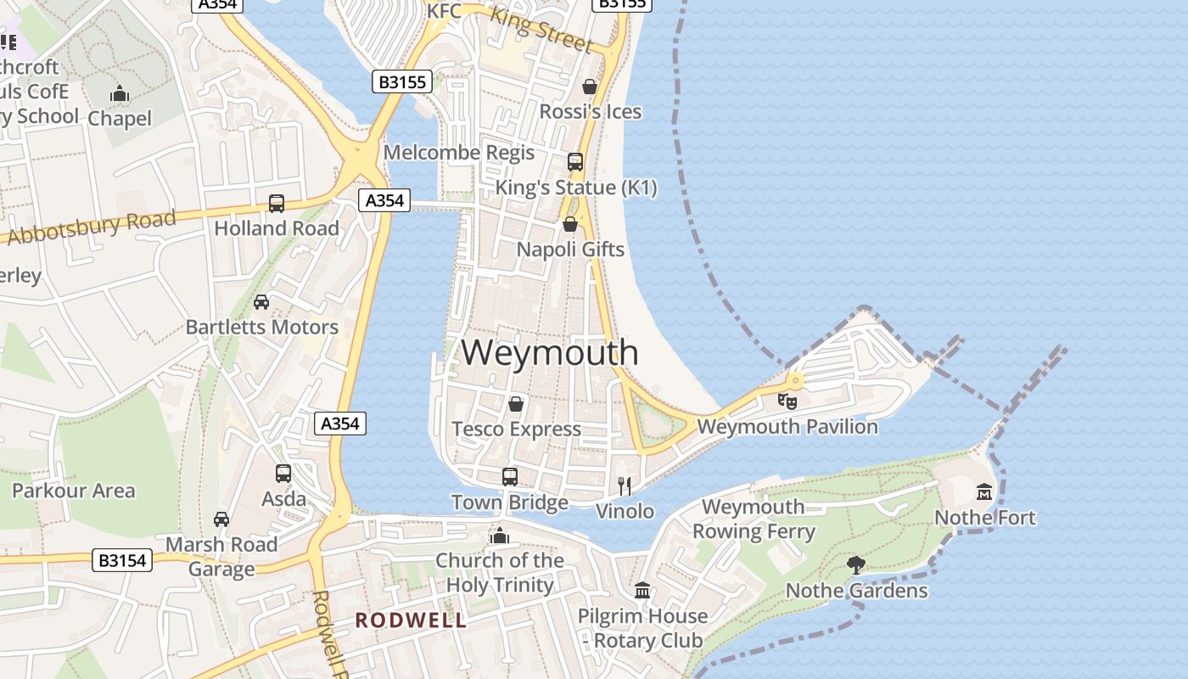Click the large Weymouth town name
tap(550, 352)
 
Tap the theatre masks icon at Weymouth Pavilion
tap(787, 401)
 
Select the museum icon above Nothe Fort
tap(984, 491)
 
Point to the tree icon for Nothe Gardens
tap(856, 564)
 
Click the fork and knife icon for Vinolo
tap(625, 485)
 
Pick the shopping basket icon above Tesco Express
tap(515, 404)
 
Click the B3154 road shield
tap(122, 560)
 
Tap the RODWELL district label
tap(411, 620)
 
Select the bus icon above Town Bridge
tap(509, 477)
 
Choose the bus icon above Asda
tap(283, 474)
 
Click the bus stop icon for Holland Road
tap(277, 204)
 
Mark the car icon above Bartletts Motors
tap(261, 302)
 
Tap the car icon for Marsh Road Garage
tap(221, 519)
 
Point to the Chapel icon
tap(120, 93)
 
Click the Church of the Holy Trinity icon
tap(499, 536)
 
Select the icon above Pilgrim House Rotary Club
tap(642, 590)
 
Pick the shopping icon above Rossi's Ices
tap(590, 87)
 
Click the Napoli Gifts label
tap(570, 250)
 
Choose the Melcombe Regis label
tap(459, 153)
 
